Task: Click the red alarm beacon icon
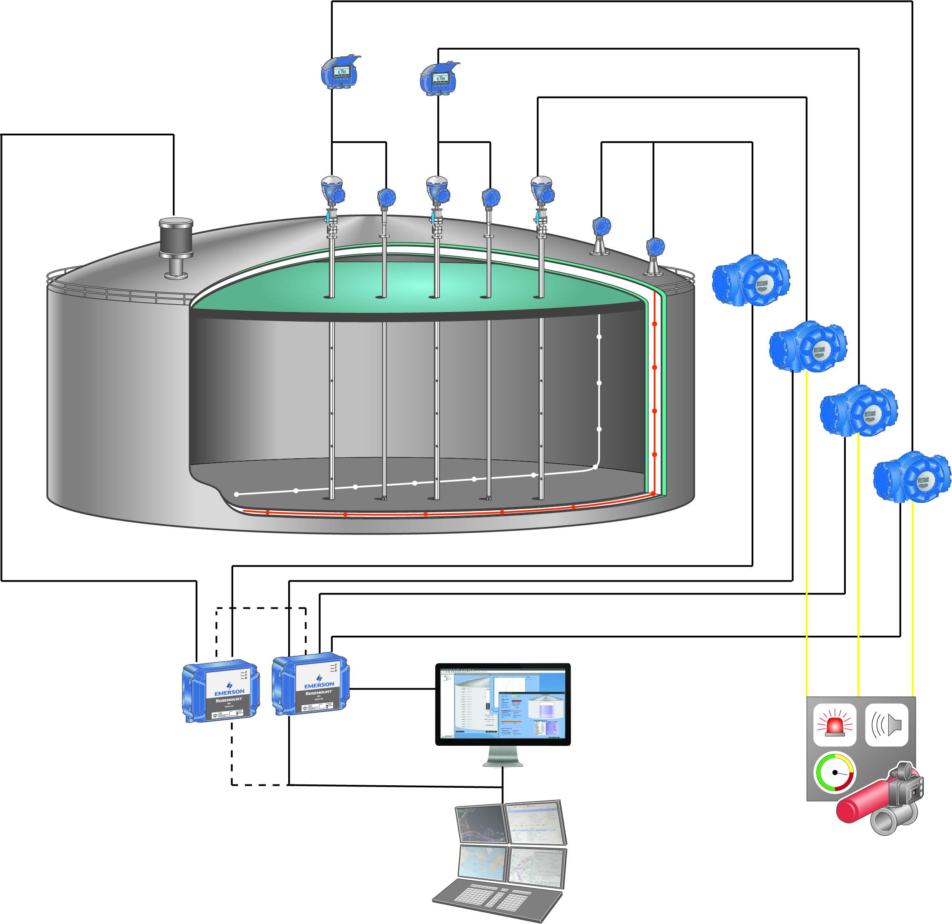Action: point(835,725)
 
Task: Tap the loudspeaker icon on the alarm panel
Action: point(887,725)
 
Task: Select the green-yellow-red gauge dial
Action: point(835,772)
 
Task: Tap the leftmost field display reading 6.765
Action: point(341,73)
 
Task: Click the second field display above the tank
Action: point(439,79)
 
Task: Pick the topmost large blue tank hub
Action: point(751,280)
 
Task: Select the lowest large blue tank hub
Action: point(912,477)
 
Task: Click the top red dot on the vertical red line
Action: point(655,324)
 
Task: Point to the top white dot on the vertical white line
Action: point(599,337)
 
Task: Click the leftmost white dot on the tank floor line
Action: point(237,494)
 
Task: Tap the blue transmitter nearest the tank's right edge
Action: point(655,247)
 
